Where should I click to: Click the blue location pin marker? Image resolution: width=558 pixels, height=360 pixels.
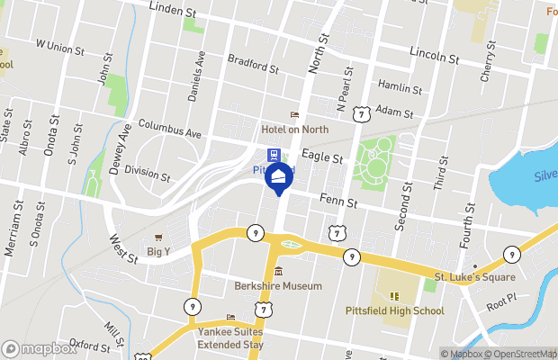click(x=279, y=178)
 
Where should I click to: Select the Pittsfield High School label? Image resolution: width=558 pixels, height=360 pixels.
click(x=395, y=311)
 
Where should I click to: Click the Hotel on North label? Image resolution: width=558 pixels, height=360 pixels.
click(x=294, y=130)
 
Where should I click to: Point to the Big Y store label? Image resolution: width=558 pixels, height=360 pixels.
click(x=158, y=252)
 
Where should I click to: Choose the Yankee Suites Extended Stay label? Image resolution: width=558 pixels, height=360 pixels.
click(x=231, y=337)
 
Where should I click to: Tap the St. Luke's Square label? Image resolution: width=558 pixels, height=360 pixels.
click(x=475, y=277)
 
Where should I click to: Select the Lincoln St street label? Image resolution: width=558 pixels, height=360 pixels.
click(x=434, y=56)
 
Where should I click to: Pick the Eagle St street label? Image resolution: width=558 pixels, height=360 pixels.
click(x=322, y=157)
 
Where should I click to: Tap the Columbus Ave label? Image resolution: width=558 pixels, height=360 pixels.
click(x=168, y=129)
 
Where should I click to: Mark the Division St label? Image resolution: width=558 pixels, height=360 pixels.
click(x=147, y=171)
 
